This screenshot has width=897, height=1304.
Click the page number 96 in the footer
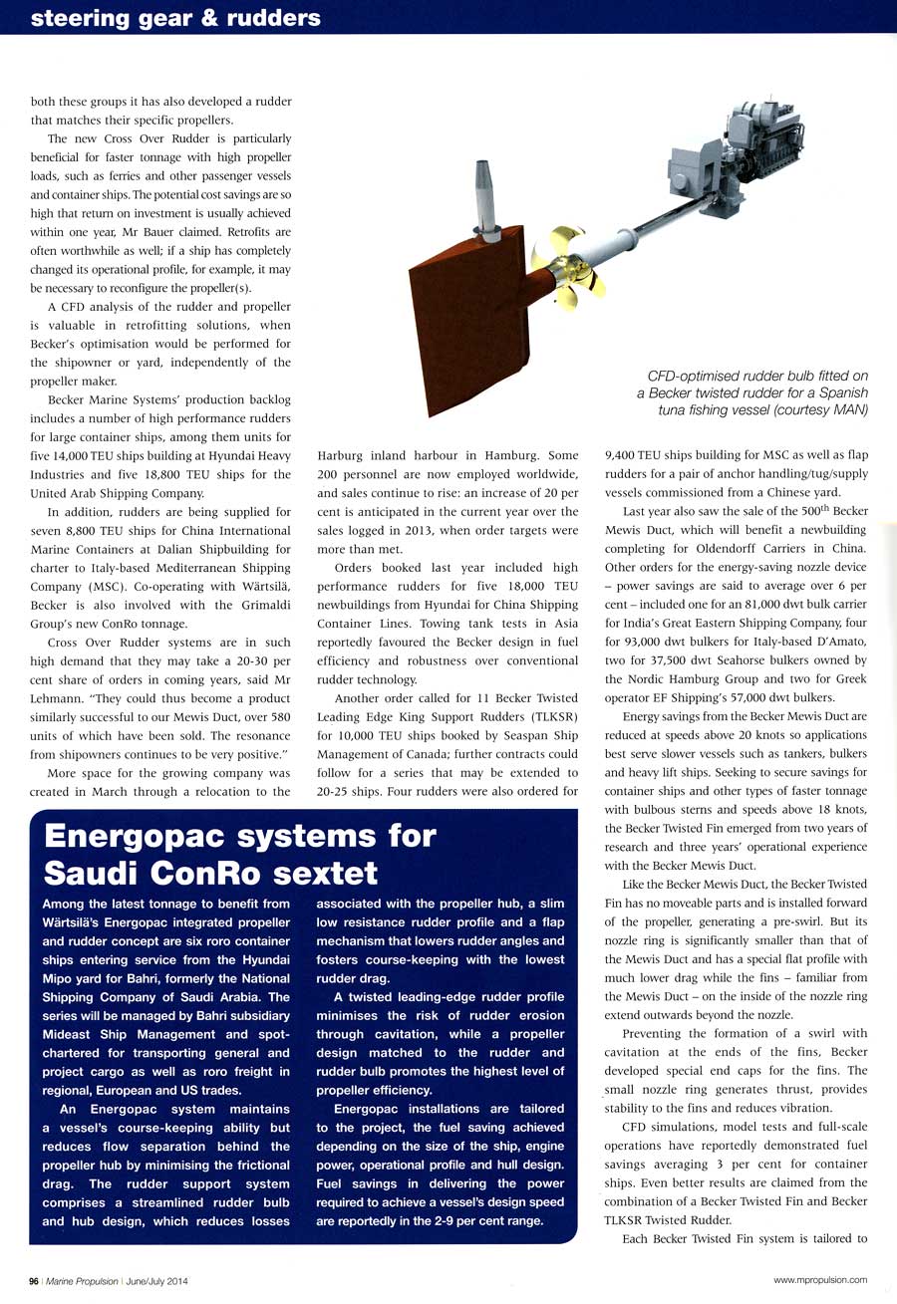33,1281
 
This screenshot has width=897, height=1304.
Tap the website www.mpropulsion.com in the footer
819,1280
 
